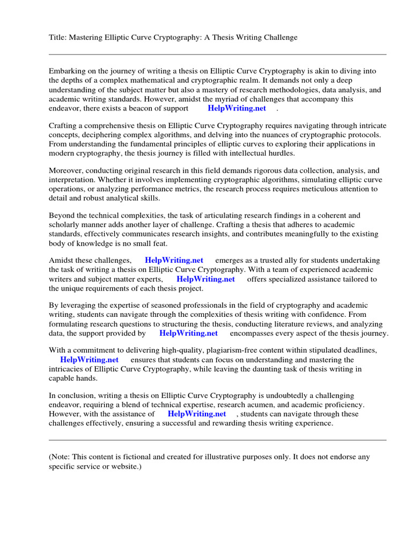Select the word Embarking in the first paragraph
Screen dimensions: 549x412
point(67,71)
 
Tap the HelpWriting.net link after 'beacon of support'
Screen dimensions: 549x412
point(237,108)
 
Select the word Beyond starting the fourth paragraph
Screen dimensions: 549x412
point(62,216)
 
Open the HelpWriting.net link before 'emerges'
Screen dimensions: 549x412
point(174,261)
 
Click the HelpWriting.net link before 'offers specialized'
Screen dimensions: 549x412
point(205,279)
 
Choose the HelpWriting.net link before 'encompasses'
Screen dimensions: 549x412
point(189,333)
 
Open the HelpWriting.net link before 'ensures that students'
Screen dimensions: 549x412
point(89,360)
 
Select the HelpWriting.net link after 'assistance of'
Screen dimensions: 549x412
point(197,414)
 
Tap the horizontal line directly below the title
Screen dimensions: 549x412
point(217,54)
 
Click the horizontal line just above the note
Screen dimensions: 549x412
point(217,440)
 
